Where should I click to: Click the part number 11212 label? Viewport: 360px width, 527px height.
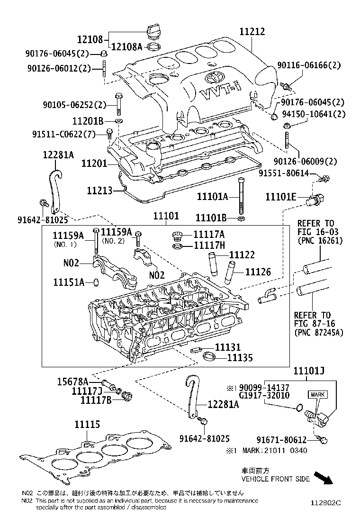(x=252, y=32)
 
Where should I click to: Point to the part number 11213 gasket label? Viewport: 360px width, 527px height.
(x=99, y=191)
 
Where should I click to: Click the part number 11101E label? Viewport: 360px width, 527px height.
(x=281, y=196)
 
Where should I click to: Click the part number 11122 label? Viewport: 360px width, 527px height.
(x=242, y=255)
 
